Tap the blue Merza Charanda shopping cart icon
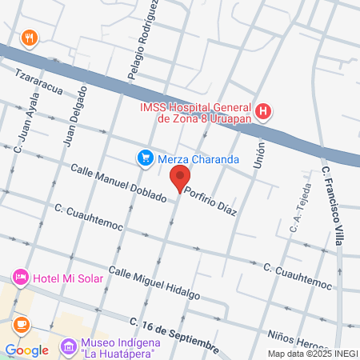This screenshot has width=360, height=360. [145, 158]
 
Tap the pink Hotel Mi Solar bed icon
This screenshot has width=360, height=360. [20, 278]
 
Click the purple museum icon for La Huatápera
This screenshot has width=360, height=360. [68, 346]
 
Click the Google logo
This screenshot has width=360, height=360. [26, 350]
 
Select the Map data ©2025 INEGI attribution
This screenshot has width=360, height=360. [312, 354]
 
